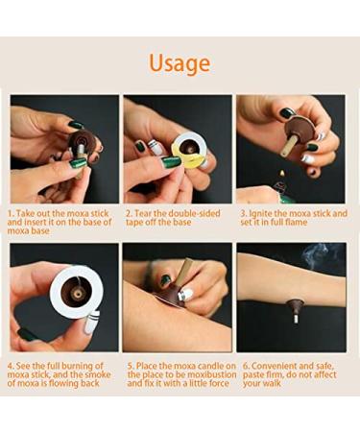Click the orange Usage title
[180, 63]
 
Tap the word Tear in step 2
[150, 213]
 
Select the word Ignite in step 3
[264, 213]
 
